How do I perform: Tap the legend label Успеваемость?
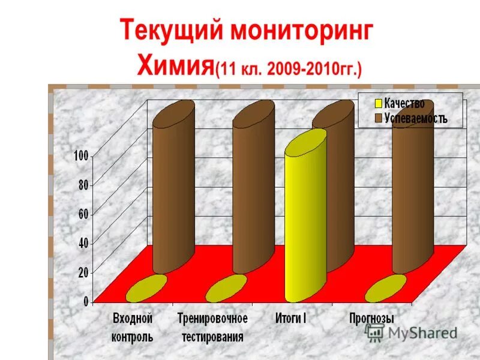416,118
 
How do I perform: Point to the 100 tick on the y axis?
80,156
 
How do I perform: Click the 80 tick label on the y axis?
83,185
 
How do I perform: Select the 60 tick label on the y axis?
83,214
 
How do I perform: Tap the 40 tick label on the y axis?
83,243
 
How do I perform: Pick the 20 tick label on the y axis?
83,272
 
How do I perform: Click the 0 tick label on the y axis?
86,301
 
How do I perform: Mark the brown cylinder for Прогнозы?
412,186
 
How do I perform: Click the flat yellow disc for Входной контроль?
146,289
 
